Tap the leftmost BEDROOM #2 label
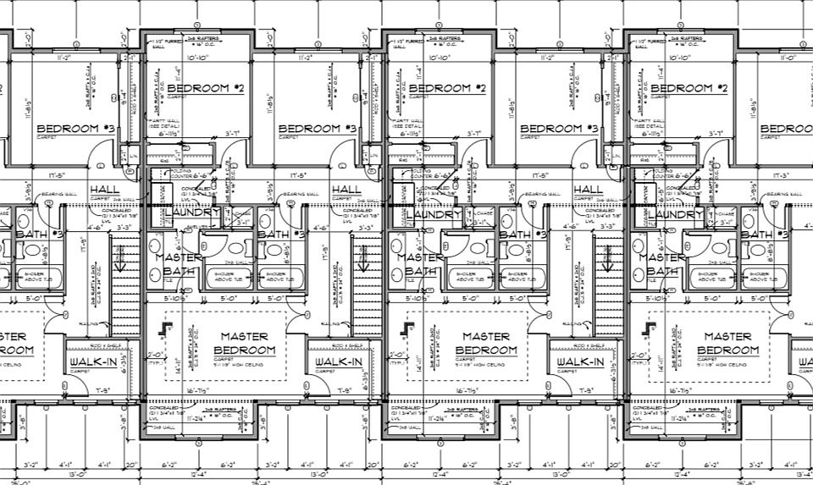coord(205,88)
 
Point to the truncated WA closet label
coord(804,362)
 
